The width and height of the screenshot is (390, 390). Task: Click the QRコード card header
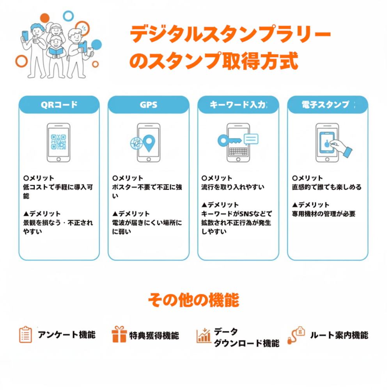pos(59,105)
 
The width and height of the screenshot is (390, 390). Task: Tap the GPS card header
pos(148,105)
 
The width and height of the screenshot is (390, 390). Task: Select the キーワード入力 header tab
pos(238,105)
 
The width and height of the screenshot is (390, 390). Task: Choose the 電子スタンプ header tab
pos(328,105)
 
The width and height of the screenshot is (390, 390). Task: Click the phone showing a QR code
pos(58,143)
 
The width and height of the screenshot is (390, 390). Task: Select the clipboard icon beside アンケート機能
pos(25,335)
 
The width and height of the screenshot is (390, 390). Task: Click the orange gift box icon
pos(119,335)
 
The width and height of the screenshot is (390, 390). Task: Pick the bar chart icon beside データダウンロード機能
pos(204,335)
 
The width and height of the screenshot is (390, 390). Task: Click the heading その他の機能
pos(193,300)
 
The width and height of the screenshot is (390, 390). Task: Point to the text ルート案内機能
pos(339,335)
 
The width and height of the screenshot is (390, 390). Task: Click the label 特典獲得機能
pos(154,335)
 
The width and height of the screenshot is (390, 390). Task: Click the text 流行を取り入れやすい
pos(233,187)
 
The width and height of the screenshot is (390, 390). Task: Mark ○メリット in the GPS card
pos(128,178)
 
